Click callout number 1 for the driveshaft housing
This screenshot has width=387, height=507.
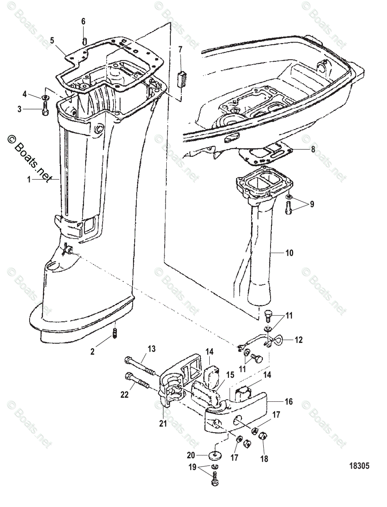coord(29,179)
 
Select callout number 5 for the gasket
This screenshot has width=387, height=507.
coord(52,41)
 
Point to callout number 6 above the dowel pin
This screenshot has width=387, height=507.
coord(83,21)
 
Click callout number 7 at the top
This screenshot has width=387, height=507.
coord(180,50)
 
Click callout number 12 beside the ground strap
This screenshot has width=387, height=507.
coord(298,339)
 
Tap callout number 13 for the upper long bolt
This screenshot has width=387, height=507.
coord(151,349)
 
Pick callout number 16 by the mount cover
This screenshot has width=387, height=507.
coord(288,401)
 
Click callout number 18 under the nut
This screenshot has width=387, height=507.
coord(264,458)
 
